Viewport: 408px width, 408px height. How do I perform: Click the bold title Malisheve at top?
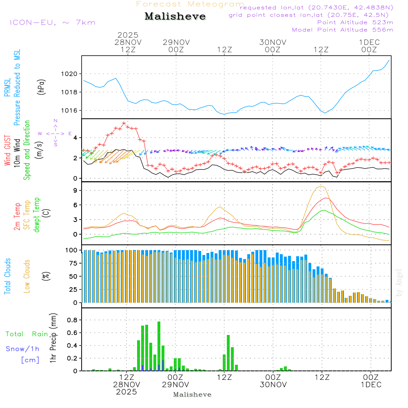(x=175, y=17)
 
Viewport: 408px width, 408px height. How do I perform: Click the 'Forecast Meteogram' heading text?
(x=190, y=4)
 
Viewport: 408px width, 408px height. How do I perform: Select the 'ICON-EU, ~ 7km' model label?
(x=53, y=22)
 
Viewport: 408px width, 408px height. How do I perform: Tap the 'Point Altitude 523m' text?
(x=355, y=22)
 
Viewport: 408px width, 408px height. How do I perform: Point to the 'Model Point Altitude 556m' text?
(x=343, y=30)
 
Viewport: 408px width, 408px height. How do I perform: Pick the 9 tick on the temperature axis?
(x=75, y=191)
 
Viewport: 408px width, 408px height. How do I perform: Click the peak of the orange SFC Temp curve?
(x=322, y=186)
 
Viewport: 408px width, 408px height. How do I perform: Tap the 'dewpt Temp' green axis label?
(x=37, y=215)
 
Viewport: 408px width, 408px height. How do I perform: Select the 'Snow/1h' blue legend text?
(x=23, y=349)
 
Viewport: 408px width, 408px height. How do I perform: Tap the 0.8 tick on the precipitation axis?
(x=72, y=320)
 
